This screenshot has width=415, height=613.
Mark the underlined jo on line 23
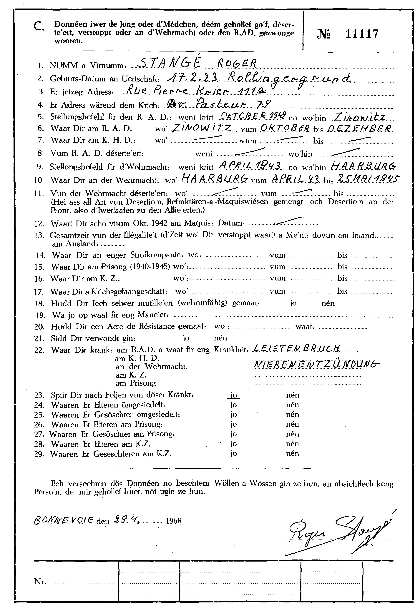coord(234,395)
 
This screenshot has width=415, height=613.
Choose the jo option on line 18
coord(293,303)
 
